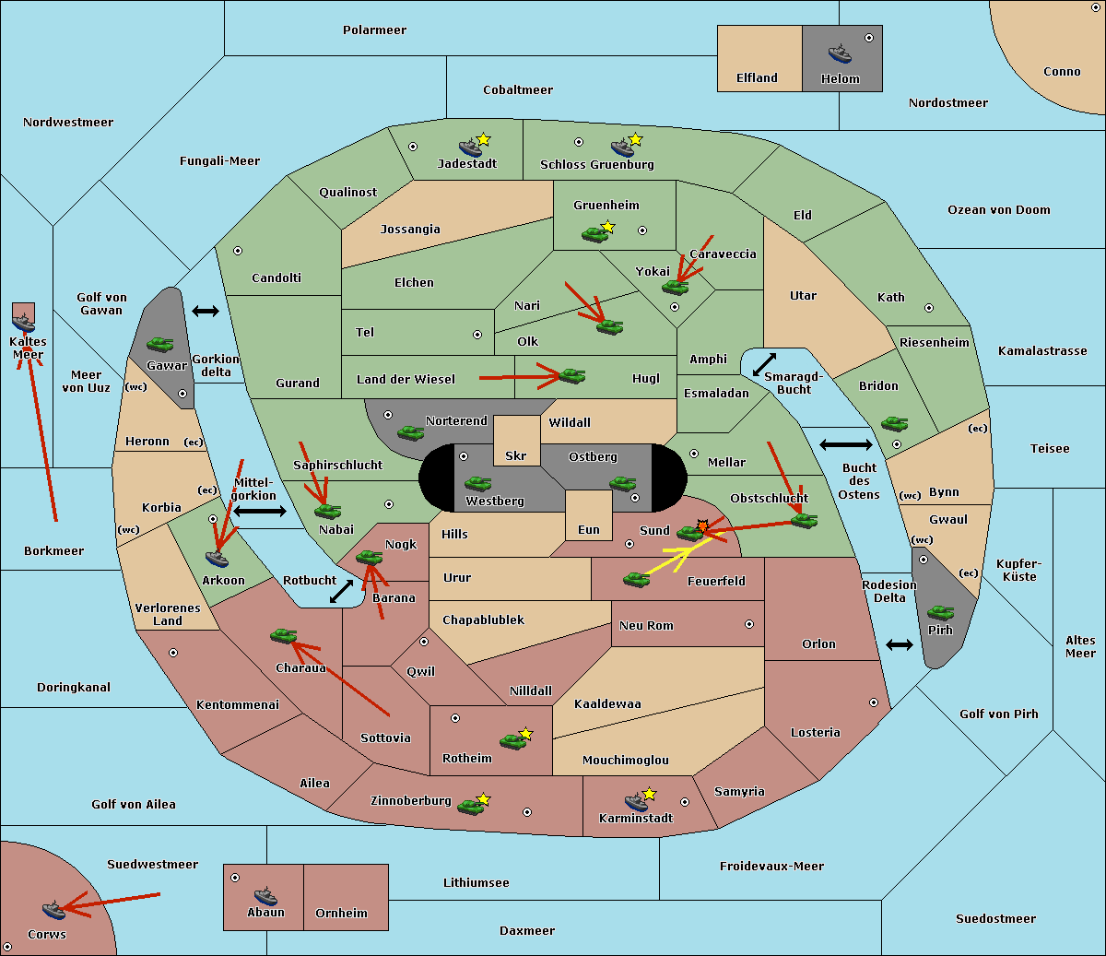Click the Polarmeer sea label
[374, 30]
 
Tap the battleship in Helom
[839, 53]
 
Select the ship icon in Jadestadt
[470, 148]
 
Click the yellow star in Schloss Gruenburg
[635, 139]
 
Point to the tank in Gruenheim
[594, 234]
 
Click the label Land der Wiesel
[406, 379]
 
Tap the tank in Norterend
[410, 432]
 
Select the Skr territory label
[515, 455]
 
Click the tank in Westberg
[477, 483]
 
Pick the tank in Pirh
[940, 612]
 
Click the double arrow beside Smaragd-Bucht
[764, 364]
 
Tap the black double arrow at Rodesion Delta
[899, 644]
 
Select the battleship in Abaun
[265, 896]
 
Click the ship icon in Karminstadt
[636, 802]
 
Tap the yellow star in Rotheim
[525, 734]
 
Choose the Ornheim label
[341, 913]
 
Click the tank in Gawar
[159, 345]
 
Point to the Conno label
[1062, 71]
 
